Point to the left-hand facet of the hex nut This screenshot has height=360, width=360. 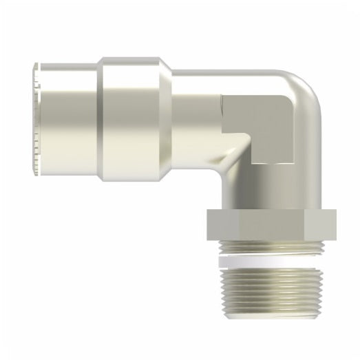coord(217,224)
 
